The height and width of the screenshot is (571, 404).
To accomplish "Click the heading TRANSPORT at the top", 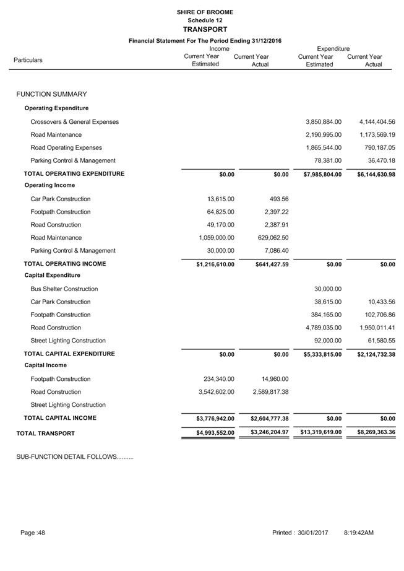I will click(x=205, y=29).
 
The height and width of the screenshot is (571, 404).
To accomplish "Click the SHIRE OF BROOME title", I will click(x=205, y=12).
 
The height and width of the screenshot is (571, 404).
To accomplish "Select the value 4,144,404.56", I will click(x=376, y=122).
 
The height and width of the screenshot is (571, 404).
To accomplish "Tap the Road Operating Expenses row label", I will click(x=66, y=148).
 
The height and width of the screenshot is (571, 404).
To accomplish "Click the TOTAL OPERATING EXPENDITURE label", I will click(x=74, y=174).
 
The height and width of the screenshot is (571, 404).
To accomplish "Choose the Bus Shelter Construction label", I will click(x=64, y=289).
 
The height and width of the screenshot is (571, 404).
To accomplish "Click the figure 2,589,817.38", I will click(x=270, y=392).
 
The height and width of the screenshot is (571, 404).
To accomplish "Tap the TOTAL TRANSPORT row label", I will click(x=46, y=432).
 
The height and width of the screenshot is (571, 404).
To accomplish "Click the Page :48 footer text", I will click(x=33, y=533).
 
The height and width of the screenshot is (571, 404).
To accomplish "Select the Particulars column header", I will click(x=28, y=60).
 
